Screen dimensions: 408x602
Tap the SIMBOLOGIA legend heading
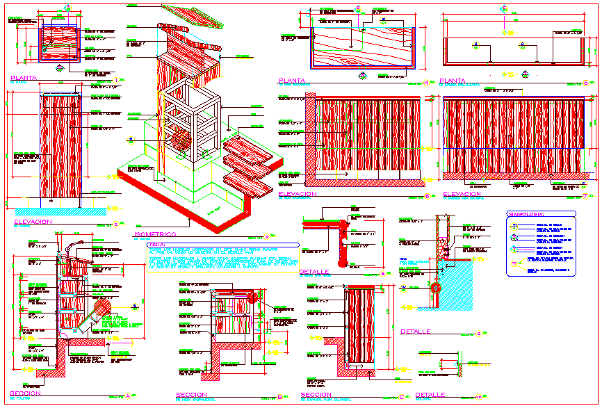530,215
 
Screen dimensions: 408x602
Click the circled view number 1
116,81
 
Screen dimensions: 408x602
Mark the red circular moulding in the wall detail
436,288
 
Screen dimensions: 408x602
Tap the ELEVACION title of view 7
462,195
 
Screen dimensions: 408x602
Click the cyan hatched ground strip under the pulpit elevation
59,209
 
